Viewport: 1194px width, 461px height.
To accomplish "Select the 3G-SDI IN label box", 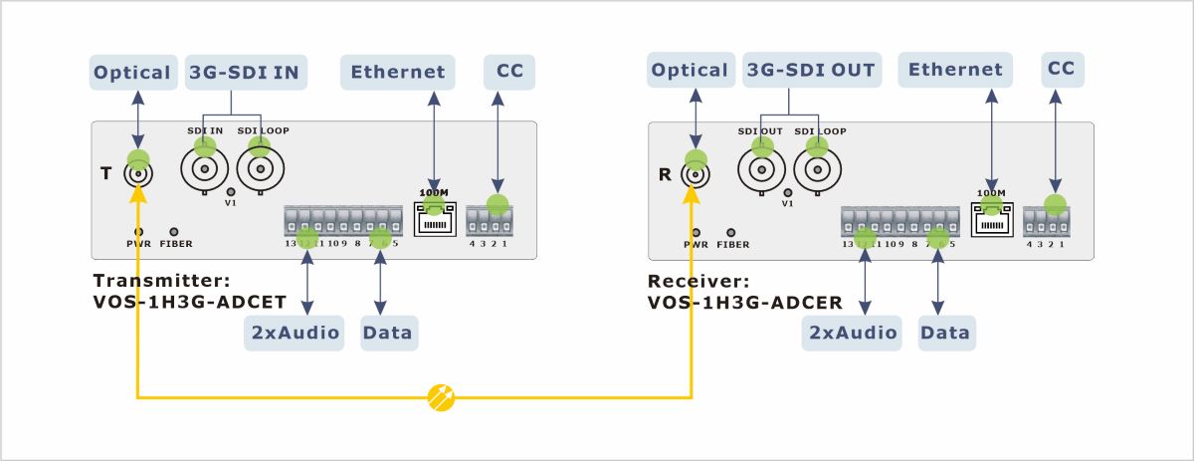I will point(248,72).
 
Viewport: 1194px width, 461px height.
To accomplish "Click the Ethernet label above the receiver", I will point(955,71).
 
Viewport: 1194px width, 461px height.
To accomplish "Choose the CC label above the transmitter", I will point(509,72).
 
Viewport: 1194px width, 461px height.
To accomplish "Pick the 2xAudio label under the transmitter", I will point(294,333).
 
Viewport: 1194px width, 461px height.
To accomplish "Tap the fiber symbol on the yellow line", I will point(441,397).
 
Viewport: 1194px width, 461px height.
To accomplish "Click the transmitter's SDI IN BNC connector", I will point(205,169).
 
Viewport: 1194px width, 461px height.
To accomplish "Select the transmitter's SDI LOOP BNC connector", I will point(261,169).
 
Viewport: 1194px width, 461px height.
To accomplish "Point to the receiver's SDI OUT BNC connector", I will point(762,169).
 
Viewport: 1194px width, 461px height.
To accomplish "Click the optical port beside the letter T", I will point(137,174).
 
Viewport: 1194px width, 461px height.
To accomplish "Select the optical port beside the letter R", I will point(695,174).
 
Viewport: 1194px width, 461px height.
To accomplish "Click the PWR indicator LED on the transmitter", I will point(137,231).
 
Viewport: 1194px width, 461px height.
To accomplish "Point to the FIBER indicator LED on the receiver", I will point(731,231).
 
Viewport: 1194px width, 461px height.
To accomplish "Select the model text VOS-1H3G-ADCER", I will point(745,302).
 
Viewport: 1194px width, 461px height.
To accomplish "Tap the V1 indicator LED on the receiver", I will point(788,191).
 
